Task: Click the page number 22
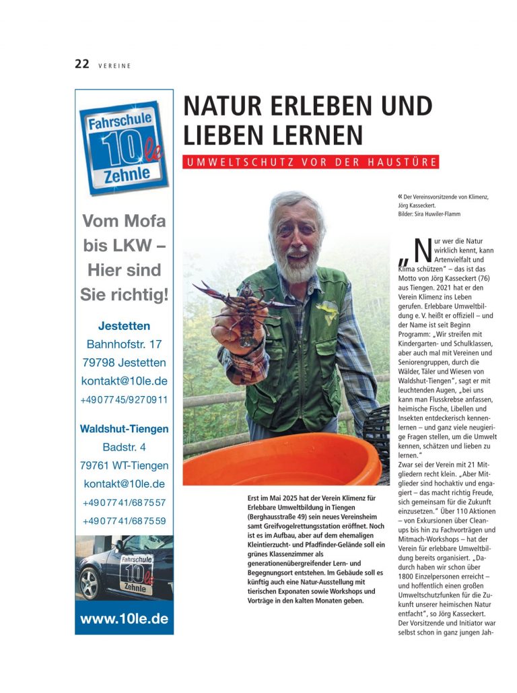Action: click(81, 64)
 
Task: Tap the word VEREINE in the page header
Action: click(114, 65)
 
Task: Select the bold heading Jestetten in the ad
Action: click(124, 325)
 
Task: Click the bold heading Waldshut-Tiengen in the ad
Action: click(124, 428)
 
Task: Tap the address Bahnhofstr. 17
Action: click(124, 344)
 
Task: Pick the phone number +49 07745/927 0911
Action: click(124, 399)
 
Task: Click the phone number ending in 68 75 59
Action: click(124, 521)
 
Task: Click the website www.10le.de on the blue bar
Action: click(124, 619)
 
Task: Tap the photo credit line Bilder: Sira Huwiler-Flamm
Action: click(434, 213)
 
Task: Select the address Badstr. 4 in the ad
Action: click(124, 447)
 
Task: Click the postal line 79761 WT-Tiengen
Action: click(124, 465)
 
